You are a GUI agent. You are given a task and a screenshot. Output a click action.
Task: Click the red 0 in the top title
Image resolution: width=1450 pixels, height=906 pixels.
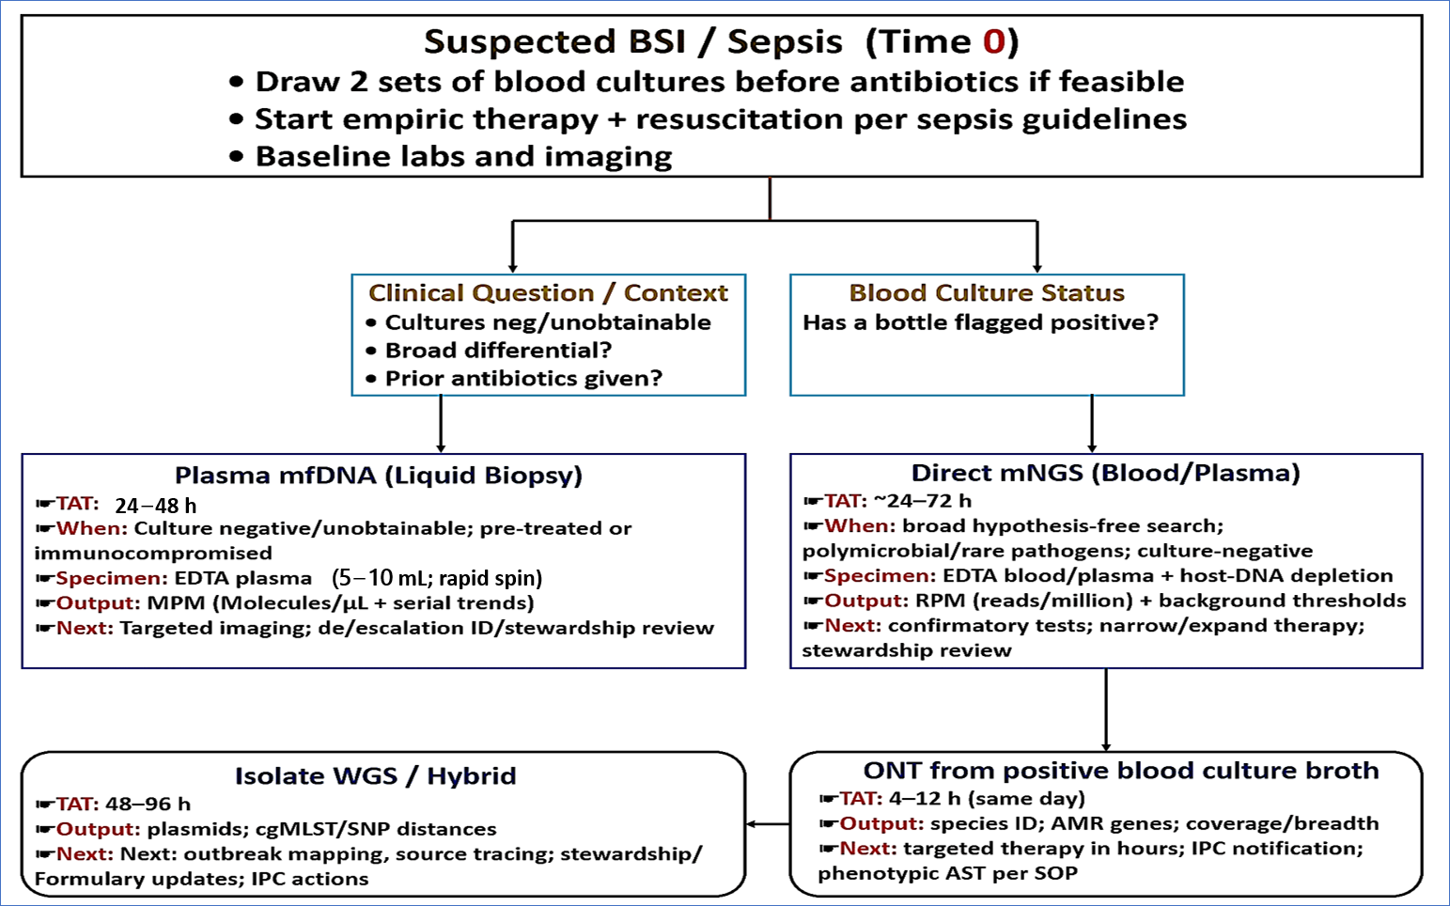(x=994, y=42)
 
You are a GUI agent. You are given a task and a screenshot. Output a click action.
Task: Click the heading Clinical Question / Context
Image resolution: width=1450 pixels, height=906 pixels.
(x=548, y=293)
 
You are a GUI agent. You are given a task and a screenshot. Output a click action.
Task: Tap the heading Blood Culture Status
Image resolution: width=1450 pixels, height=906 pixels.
(x=987, y=293)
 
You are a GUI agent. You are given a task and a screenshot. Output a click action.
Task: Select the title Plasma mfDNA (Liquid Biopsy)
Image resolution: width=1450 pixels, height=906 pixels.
(x=379, y=476)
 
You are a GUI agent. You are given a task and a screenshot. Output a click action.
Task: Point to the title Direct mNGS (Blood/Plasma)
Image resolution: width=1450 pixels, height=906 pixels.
(x=1105, y=473)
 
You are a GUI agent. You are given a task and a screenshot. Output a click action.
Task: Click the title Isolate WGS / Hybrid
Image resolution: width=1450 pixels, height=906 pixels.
(x=375, y=776)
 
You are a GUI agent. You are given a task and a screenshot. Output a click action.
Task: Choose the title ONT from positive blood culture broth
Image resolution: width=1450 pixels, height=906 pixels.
(x=1120, y=771)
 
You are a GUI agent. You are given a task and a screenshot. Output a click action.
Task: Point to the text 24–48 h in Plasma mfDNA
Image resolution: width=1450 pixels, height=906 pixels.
(x=156, y=506)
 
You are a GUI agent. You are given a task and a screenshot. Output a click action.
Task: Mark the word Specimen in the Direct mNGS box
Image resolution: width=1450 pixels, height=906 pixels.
(x=879, y=576)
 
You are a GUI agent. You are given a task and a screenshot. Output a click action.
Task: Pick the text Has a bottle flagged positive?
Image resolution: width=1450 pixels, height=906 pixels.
(x=980, y=323)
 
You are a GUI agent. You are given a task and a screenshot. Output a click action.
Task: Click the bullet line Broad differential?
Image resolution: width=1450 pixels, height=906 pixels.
(x=498, y=351)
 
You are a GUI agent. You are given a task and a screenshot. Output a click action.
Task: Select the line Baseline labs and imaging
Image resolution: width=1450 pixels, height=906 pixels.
(x=463, y=157)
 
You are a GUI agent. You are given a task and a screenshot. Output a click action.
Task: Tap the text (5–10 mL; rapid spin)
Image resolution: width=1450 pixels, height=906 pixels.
(x=437, y=578)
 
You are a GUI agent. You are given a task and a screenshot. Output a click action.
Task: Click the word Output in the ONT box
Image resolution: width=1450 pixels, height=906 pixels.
(x=881, y=824)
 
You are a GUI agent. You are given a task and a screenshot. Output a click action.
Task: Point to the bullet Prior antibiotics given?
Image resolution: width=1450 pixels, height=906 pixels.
(x=523, y=379)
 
